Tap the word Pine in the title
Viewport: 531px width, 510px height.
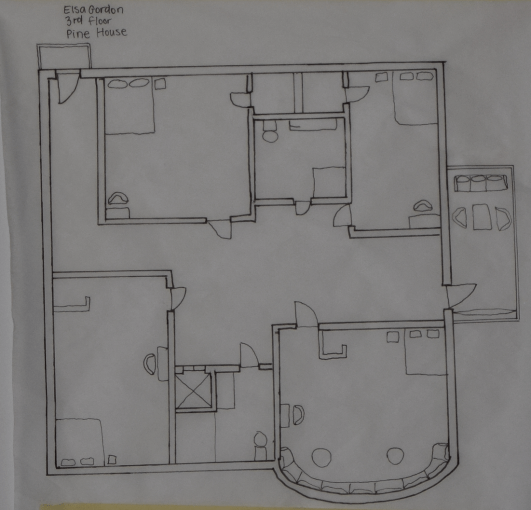78,34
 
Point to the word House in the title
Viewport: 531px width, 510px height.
112,33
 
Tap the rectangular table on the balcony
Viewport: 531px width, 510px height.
482,216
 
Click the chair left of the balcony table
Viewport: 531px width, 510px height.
460,217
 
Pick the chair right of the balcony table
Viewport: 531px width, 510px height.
502,219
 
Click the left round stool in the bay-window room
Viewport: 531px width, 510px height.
321,458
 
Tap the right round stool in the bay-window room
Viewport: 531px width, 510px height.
396,456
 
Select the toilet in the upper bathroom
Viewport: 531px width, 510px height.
270,132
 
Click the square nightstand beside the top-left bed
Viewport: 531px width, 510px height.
160,84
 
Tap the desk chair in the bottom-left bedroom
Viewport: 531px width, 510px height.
150,364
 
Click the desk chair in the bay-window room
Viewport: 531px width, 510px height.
298,415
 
